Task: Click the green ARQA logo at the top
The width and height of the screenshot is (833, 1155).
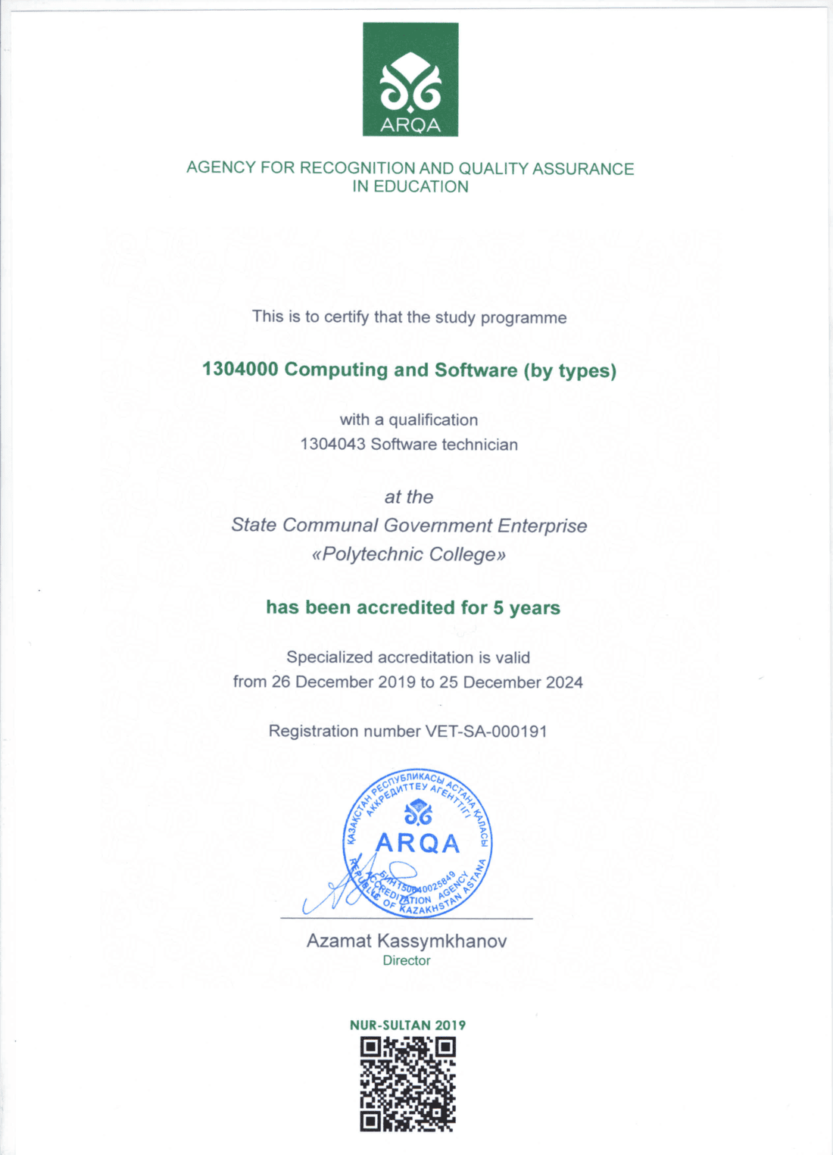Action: pos(410,80)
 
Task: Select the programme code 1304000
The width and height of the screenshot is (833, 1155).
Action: pos(240,370)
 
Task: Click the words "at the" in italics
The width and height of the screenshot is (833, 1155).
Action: pos(409,498)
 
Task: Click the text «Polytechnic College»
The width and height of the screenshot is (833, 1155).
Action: pos(409,554)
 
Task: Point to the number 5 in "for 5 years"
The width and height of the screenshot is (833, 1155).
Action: pos(498,608)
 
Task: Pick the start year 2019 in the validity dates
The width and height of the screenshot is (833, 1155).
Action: pos(397,682)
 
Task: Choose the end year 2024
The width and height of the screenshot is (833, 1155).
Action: pos(564,682)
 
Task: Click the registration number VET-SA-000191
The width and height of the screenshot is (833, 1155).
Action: pos(486,732)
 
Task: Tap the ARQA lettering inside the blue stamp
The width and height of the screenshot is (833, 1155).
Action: pos(417,843)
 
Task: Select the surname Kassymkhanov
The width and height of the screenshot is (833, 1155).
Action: pos(442,941)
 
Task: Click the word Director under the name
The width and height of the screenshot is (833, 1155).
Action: pos(407,961)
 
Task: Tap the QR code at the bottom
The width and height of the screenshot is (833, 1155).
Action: pos(408,1085)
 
